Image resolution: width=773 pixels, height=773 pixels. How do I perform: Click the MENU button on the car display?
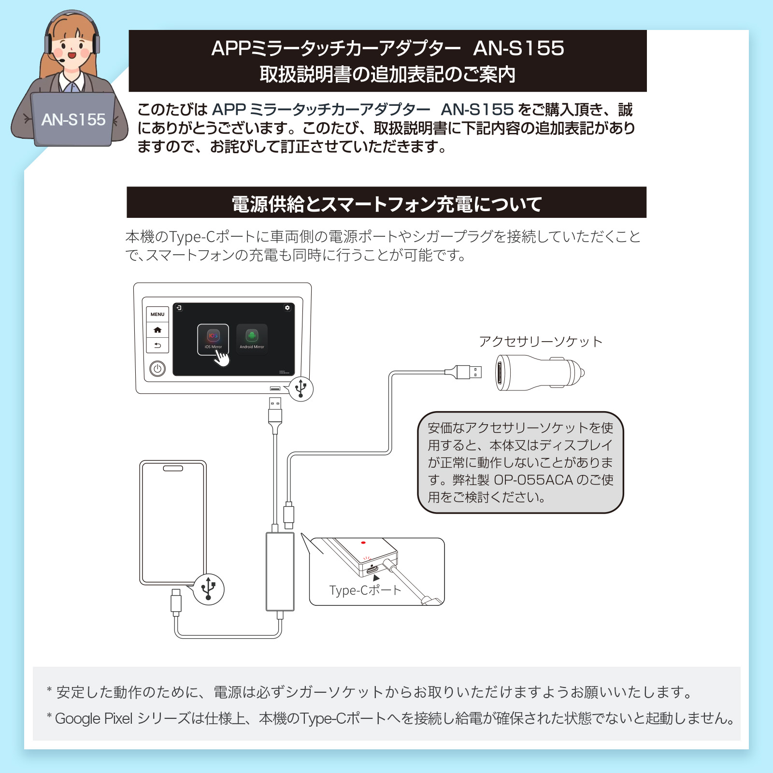157,315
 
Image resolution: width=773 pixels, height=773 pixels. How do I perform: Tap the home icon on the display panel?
157,330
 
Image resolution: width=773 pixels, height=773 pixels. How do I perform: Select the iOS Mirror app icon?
213,338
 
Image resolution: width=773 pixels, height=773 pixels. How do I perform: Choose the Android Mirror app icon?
252,338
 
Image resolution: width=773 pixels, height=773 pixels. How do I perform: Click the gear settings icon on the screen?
287,308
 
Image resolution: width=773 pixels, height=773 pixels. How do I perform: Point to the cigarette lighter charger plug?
539,373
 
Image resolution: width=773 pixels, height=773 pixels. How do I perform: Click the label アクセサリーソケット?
541,342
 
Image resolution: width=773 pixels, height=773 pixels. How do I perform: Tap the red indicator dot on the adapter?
363,543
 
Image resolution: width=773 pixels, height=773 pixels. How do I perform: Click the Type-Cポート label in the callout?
365,590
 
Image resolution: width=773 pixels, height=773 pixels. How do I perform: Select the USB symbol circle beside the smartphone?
209,589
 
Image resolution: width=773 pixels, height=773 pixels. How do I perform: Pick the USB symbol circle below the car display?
301,388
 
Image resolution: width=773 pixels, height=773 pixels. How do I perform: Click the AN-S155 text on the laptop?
73,120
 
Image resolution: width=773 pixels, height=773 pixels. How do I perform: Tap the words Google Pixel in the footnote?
94,718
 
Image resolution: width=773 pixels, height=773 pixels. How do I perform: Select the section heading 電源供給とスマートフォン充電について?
386,203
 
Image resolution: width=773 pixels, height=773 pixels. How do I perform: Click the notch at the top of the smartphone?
173,468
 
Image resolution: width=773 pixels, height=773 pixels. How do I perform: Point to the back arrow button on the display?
157,345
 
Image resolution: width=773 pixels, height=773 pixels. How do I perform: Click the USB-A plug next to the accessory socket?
469,372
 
